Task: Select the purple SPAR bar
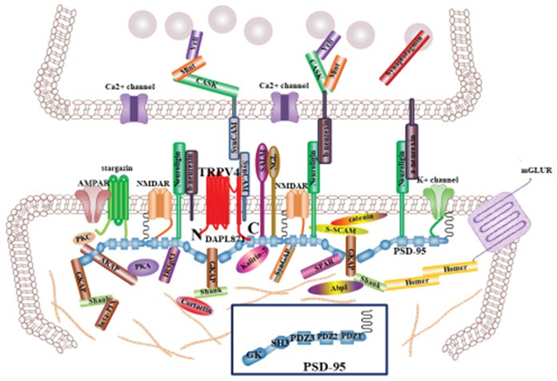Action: click(312, 268)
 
